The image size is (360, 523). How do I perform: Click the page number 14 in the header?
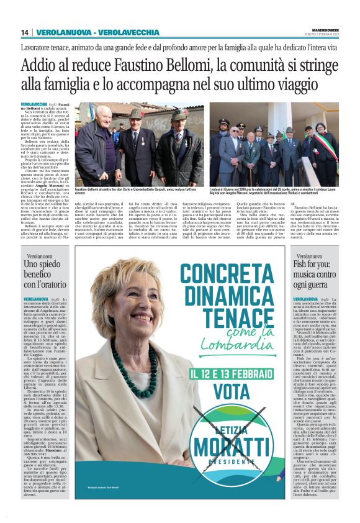[x=25, y=32]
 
